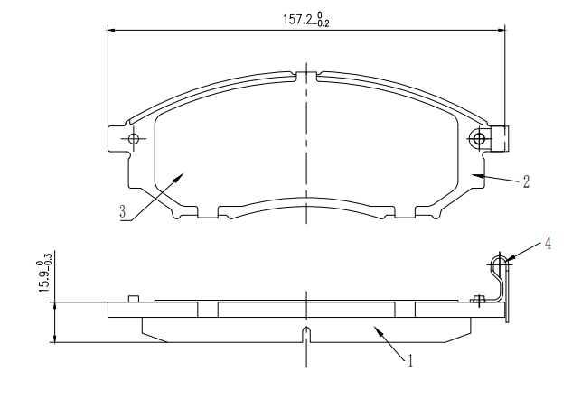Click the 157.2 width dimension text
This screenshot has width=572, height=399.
(306, 20)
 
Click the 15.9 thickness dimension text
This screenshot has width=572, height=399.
(44, 273)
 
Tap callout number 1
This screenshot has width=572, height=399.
(410, 360)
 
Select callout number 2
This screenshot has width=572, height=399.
(526, 181)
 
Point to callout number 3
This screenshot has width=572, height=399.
(123, 211)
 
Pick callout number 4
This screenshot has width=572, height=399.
(548, 244)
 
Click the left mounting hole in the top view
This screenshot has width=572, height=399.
(134, 139)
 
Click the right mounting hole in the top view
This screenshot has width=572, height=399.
(478, 139)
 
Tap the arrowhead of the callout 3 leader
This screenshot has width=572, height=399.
(179, 177)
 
